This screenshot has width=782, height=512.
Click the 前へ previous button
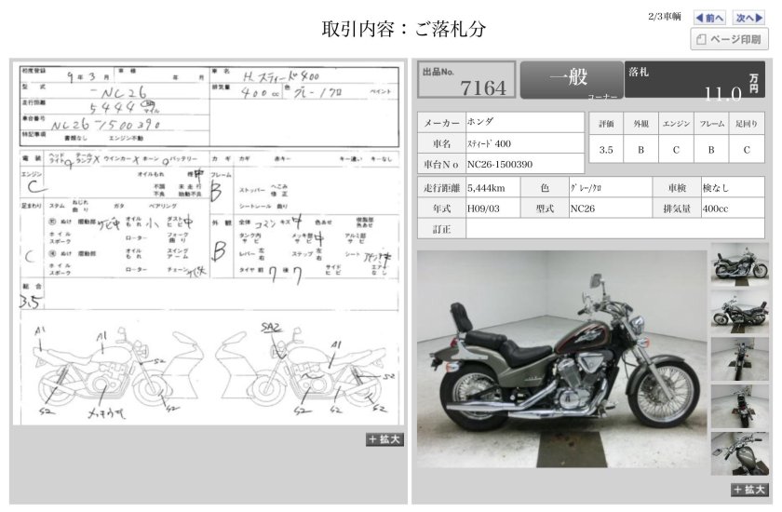pyautogui.click(x=710, y=17)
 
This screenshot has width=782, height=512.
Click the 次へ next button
pyautogui.click(x=748, y=17)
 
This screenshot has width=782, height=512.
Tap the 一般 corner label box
pyautogui.click(x=571, y=80)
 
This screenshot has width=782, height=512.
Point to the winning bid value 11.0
pyautogui.click(x=722, y=92)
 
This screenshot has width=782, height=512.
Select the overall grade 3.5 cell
pyautogui.click(x=606, y=149)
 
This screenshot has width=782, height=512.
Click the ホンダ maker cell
pyautogui.click(x=523, y=122)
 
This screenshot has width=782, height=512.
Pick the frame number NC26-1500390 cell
pyautogui.click(x=523, y=165)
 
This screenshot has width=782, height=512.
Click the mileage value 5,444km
pyautogui.click(x=493, y=188)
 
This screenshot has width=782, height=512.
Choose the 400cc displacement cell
pyautogui.click(x=732, y=209)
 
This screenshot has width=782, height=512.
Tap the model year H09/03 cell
pyautogui.click(x=493, y=209)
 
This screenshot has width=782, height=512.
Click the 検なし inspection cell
pyautogui.click(x=732, y=188)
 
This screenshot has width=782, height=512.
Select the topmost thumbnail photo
pyautogui.click(x=739, y=263)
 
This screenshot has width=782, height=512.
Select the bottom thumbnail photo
pyautogui.click(x=739, y=452)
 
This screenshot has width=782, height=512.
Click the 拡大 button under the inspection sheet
pyautogui.click(x=384, y=439)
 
